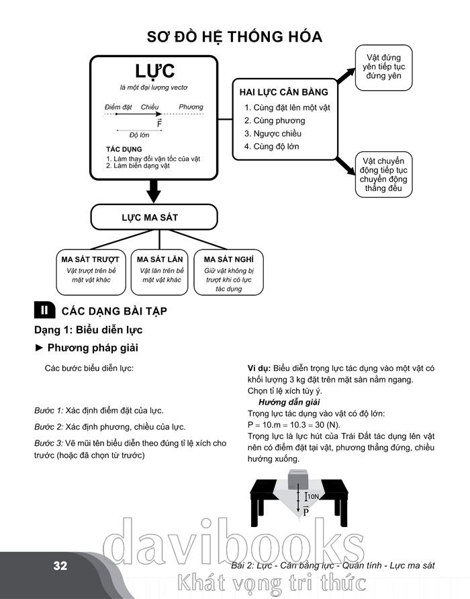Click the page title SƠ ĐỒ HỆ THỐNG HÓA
(234, 36)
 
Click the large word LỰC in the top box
(154, 71)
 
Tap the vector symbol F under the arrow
(159, 124)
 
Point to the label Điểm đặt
(119, 108)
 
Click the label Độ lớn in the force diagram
(139, 134)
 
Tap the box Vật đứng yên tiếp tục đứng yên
(383, 67)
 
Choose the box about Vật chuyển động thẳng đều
(383, 175)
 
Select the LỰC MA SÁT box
(154, 217)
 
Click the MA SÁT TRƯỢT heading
(91, 259)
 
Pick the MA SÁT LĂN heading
(160, 259)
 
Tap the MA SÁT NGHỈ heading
(228, 259)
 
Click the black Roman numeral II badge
(44, 311)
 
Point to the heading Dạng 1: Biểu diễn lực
(89, 330)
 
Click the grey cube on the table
(297, 481)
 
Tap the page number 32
(60, 565)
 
